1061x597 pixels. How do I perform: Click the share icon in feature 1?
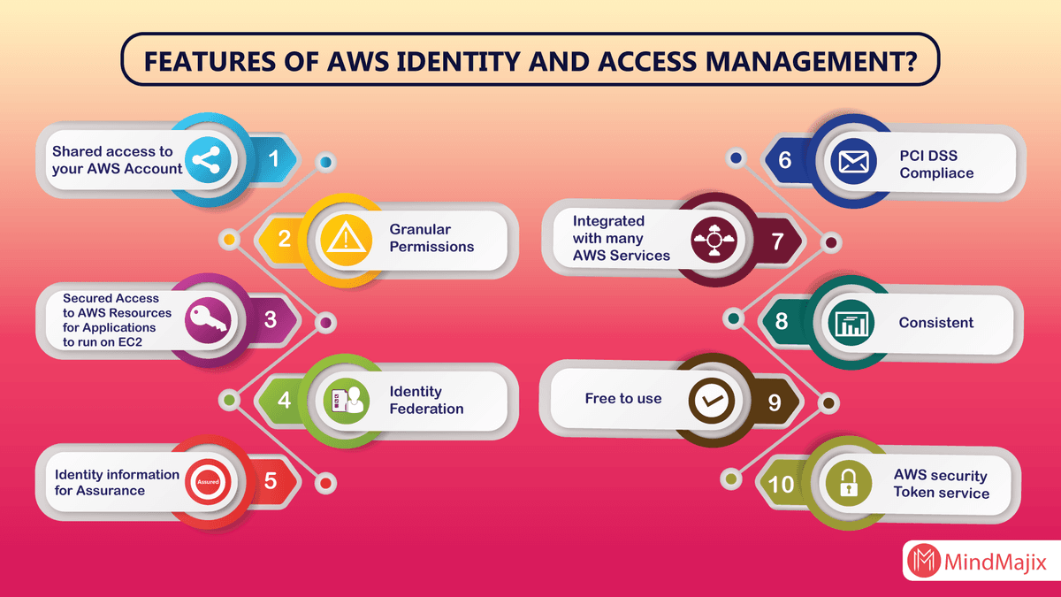pyautogui.click(x=207, y=160)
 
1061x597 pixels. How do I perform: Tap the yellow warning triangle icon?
pyautogui.click(x=341, y=238)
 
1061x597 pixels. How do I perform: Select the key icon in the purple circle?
pyautogui.click(x=208, y=319)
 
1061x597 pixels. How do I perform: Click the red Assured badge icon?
pyautogui.click(x=208, y=482)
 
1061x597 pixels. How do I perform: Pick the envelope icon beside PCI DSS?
pyautogui.click(x=854, y=162)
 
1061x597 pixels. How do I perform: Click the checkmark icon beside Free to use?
pyautogui.click(x=712, y=401)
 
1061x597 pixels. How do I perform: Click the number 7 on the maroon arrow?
pyautogui.click(x=778, y=241)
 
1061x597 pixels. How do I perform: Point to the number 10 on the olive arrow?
pyautogui.click(x=782, y=484)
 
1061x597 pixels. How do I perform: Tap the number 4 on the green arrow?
pyautogui.click(x=284, y=400)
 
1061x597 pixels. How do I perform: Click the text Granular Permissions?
pyautogui.click(x=431, y=238)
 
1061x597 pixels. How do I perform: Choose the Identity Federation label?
pyautogui.click(x=426, y=400)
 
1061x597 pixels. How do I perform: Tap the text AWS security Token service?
pyautogui.click(x=941, y=484)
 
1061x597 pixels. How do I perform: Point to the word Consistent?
pyautogui.click(x=935, y=323)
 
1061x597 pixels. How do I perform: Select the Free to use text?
pyautogui.click(x=622, y=399)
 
